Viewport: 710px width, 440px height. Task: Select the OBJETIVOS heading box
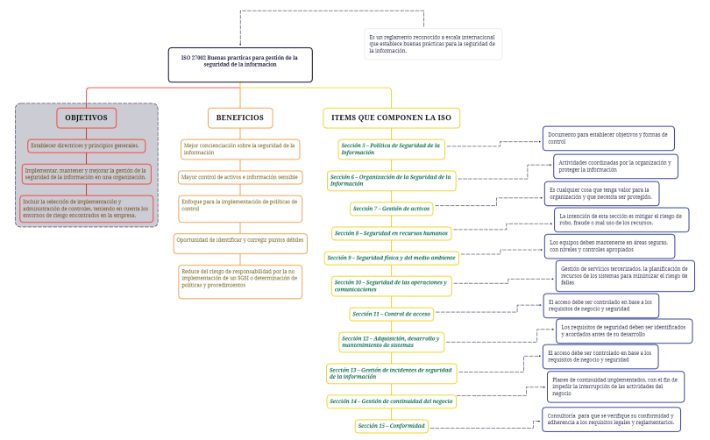[x=87, y=117]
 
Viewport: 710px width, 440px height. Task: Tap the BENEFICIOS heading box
[x=240, y=117]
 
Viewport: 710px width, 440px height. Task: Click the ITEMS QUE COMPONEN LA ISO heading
[x=391, y=117]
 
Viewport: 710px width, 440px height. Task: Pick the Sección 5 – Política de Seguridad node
[x=391, y=148]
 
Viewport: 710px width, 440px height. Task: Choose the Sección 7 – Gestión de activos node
[x=391, y=209]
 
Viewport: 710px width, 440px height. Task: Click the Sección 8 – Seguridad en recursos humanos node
[x=391, y=233]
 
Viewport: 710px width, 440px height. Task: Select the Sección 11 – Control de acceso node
[x=391, y=313]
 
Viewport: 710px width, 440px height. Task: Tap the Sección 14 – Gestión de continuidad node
[x=391, y=401]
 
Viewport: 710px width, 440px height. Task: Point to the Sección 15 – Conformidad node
[x=391, y=426]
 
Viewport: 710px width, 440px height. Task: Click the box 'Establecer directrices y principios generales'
[x=87, y=145]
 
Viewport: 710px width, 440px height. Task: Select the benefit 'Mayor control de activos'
[x=240, y=177]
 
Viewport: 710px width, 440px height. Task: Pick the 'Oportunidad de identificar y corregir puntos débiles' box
[x=240, y=239]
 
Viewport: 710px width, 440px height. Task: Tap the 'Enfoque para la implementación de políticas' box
[x=240, y=206]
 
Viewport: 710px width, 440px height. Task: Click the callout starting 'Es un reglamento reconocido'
[x=433, y=44]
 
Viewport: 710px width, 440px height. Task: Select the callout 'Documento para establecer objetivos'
[x=607, y=138]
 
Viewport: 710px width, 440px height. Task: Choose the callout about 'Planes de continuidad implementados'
[x=615, y=387]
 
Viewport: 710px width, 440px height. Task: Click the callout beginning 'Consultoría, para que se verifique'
[x=611, y=419]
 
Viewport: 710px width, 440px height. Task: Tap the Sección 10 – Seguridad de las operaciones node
[x=391, y=285]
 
